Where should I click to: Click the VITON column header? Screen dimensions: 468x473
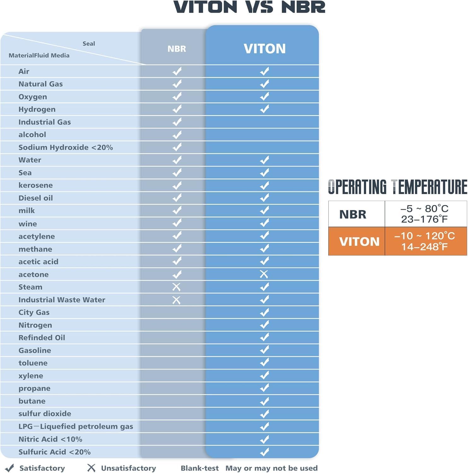pos(265,49)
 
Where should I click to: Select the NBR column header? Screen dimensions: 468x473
pos(177,49)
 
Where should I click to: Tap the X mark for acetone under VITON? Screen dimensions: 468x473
pos(264,274)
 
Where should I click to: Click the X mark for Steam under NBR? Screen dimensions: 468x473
pos(176,287)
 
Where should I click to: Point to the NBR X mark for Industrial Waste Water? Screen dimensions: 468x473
pos(176,300)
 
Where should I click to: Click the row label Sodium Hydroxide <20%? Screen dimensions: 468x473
pos(66,147)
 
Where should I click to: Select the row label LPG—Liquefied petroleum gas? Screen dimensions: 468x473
pos(76,426)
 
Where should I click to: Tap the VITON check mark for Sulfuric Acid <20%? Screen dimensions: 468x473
pos(265,452)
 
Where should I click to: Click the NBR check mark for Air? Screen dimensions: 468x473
pos(177,71)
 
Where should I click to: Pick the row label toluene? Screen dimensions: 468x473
pos(33,363)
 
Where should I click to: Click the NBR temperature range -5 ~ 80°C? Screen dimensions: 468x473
pos(424,208)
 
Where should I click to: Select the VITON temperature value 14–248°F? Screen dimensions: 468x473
pos(424,247)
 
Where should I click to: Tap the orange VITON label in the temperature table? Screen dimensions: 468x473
pos(359,242)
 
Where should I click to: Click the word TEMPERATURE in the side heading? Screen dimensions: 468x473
pos(429,187)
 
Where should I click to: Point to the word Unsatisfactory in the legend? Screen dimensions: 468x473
pos(128,468)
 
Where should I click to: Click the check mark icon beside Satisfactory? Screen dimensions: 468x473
pos(10,468)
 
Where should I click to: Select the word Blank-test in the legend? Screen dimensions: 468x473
pos(200,468)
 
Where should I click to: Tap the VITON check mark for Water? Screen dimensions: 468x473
pos(265,160)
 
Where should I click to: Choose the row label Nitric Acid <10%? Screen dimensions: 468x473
pos(50,439)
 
